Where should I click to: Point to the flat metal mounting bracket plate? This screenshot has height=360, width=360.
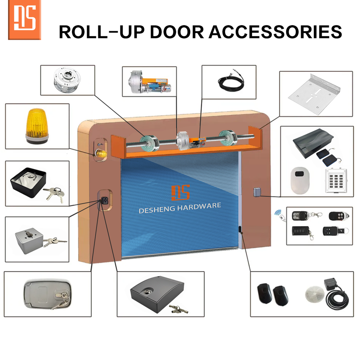(315, 94)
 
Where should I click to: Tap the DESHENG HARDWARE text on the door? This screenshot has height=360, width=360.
(180, 207)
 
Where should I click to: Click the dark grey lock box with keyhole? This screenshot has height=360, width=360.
(154, 292)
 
